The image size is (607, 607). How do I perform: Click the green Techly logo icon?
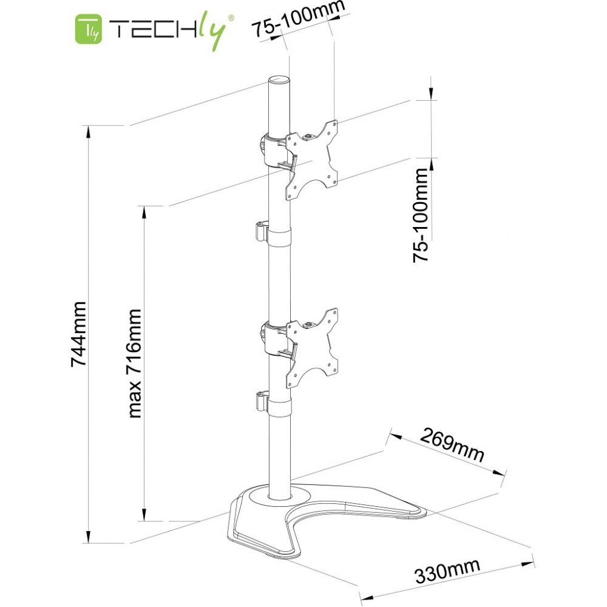click(89, 29)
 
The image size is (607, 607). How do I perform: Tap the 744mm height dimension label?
click(78, 334)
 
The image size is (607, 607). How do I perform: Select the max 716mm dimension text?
click(134, 363)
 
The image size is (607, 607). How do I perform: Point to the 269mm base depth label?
click(452, 444)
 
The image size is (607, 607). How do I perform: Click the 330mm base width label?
click(447, 571)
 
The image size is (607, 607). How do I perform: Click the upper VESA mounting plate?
click(311, 160)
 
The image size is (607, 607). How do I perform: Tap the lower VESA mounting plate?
click(311, 348)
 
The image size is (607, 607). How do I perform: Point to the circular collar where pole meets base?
click(279, 497)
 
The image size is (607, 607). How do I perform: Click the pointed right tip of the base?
click(426, 514)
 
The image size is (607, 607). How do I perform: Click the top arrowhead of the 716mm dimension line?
click(144, 212)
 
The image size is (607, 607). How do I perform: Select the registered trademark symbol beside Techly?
click(231, 18)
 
